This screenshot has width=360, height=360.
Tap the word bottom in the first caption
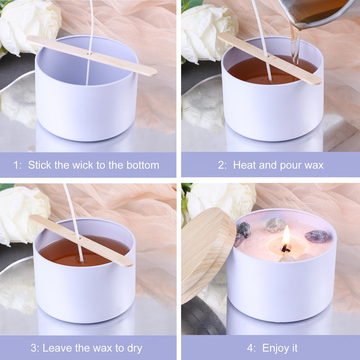pos(143,165)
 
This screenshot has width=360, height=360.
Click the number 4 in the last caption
pos(250,348)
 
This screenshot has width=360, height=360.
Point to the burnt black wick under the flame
pos(285,249)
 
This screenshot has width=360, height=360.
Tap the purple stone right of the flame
pos(316,236)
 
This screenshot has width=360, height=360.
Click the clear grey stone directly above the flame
pos(276,225)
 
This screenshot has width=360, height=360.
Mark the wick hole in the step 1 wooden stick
pos(89,54)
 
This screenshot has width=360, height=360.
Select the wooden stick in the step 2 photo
pos(269,58)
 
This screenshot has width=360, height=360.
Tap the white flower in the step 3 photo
pos(24,215)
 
